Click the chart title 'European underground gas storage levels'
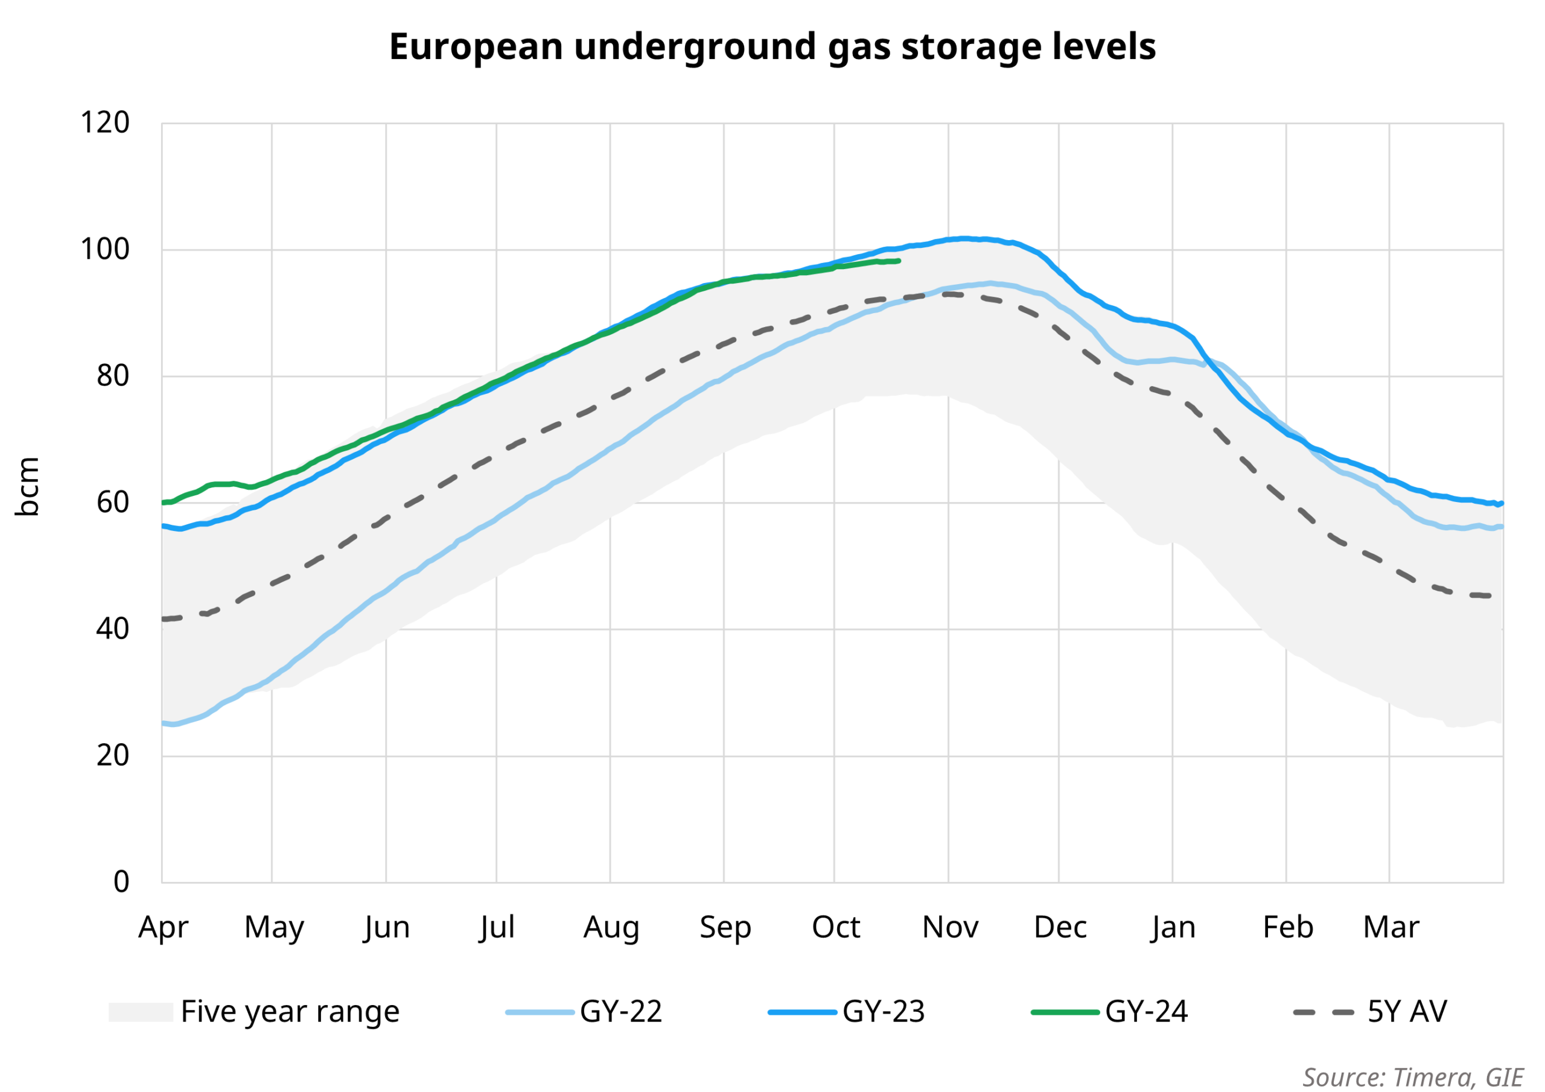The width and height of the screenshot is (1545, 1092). pos(772,47)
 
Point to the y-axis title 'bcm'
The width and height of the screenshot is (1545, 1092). pos(28,486)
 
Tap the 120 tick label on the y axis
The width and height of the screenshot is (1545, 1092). pos(105,123)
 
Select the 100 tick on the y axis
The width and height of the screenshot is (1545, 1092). pos(105,250)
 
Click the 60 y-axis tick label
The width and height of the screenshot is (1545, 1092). pos(112,503)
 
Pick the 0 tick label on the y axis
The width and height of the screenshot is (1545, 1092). pos(121,882)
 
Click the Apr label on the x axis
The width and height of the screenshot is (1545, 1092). pos(163,928)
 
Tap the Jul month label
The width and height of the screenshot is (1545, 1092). pos(497,928)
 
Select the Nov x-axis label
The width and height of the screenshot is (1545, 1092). pos(949,928)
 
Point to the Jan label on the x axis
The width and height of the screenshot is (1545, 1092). pos(1173,928)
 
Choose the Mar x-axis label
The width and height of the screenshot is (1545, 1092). pos(1391,928)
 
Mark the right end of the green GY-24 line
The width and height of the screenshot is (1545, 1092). pos(899,261)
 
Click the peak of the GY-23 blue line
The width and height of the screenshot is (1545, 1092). pos(964,238)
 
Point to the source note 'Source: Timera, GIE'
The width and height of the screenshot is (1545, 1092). pos(1412,1077)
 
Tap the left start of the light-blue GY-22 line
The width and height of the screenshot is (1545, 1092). pos(164,723)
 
